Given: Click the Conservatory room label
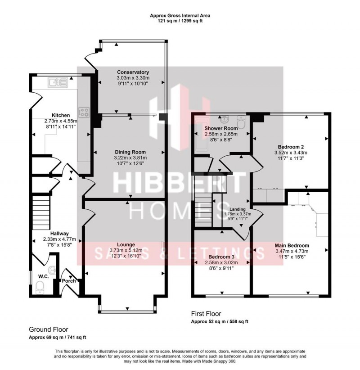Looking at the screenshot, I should [133, 72].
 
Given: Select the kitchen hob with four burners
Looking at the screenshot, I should [84, 111].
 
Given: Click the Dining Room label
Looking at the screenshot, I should [133, 152].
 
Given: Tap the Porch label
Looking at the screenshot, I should [69, 281].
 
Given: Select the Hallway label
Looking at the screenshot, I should [59, 233].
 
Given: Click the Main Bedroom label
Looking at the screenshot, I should [292, 245].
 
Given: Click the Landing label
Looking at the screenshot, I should [237, 209].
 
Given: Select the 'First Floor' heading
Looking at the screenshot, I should [206, 314].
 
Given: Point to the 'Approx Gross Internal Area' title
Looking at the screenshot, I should [180, 15].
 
